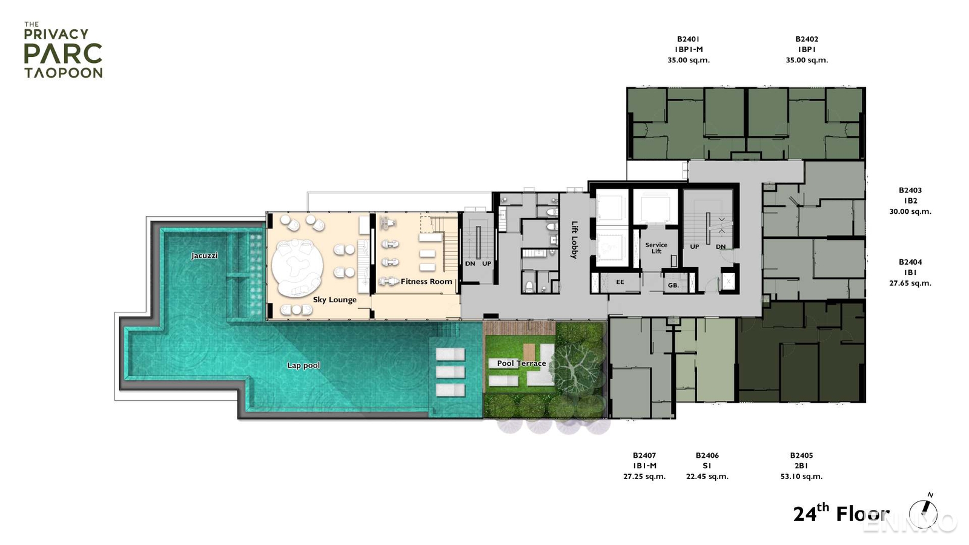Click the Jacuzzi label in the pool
click(x=205, y=256)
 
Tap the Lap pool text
click(x=303, y=365)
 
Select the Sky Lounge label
click(x=334, y=300)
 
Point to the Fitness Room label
click(x=426, y=282)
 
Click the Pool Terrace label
click(x=521, y=363)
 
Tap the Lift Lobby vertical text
click(x=575, y=240)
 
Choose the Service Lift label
click(x=656, y=248)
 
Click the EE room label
click(x=620, y=282)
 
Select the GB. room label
click(x=673, y=285)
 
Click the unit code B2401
click(x=689, y=39)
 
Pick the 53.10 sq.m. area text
click(x=801, y=477)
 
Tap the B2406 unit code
click(x=707, y=455)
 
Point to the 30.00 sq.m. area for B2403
click(x=910, y=211)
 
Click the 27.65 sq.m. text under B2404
click(x=910, y=283)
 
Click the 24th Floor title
click(x=841, y=514)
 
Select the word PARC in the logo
click(x=63, y=53)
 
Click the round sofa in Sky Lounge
click(x=297, y=268)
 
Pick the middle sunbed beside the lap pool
click(x=450, y=372)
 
